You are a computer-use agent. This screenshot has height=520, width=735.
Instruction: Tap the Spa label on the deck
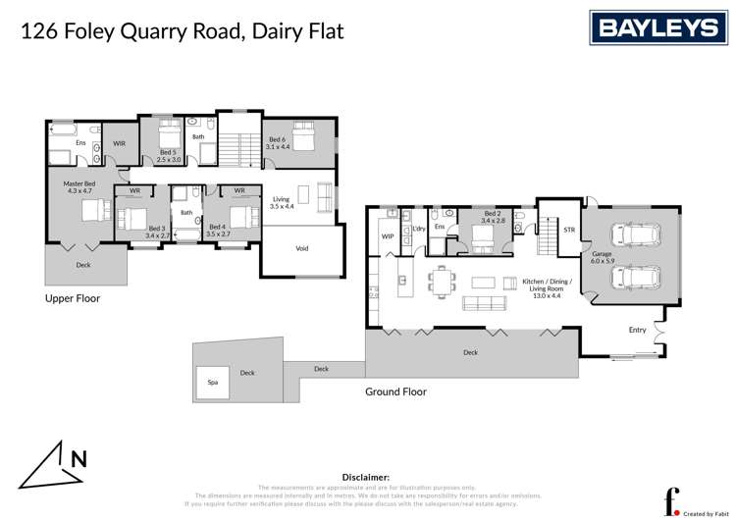212,382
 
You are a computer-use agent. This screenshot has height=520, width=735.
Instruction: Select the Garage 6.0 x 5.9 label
602,257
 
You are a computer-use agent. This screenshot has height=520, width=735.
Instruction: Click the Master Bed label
79,187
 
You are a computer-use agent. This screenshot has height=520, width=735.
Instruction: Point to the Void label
302,248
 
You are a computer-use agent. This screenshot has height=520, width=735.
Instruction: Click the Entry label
638,330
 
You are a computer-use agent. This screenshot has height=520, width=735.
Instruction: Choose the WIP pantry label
387,235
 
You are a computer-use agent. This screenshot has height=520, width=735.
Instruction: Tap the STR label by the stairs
568,230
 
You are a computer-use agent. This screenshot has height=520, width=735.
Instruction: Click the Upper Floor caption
73,297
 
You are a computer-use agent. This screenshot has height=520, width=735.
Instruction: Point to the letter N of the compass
77,457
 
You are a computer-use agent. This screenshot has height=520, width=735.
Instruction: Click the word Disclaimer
366,476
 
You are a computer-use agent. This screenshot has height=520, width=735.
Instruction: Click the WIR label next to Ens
119,143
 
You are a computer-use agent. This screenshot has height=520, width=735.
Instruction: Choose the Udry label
418,229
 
